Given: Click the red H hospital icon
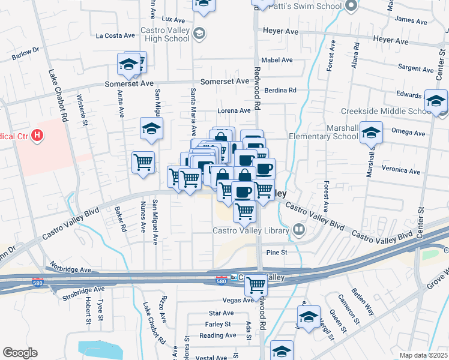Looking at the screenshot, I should point(37,136).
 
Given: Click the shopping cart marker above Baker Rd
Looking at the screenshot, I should point(143,162).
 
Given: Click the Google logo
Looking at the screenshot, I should point(20,352).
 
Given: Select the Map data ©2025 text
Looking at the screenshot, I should point(423,355).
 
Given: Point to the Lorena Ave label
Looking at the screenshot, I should point(234,111).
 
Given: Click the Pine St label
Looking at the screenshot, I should point(277,253).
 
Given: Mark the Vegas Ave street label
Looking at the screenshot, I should point(222,300).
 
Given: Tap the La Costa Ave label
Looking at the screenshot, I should point(114,35).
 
